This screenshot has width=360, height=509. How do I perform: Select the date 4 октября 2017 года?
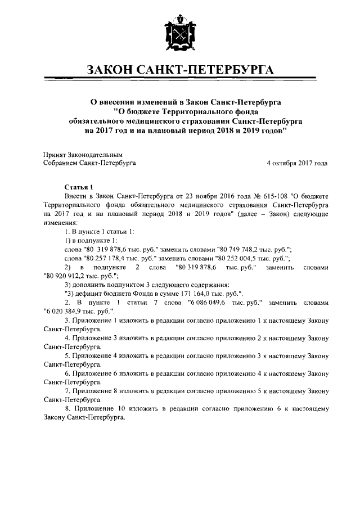(x=297, y=163)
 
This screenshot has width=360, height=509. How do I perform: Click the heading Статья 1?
(x=78, y=187)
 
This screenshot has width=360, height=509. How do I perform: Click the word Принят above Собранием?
(x=55, y=154)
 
